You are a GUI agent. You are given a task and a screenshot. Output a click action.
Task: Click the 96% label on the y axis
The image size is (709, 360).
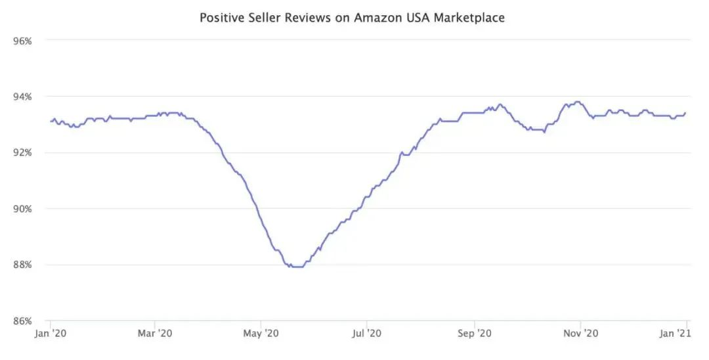(23, 41)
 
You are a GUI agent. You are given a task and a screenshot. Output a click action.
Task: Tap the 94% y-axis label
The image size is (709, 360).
(23, 97)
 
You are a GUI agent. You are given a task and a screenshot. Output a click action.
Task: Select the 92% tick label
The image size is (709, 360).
(23, 152)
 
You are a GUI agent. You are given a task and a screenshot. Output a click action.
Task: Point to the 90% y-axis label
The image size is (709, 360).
(23, 209)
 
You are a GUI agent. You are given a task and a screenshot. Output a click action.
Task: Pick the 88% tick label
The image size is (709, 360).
(23, 265)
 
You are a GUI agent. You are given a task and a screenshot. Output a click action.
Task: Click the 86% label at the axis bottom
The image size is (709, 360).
(23, 321)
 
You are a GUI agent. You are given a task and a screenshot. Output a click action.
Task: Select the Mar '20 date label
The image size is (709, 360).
(155, 334)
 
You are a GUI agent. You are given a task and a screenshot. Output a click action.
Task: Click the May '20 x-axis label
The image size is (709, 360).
(261, 334)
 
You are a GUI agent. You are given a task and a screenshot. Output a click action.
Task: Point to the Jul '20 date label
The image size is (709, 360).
(366, 334)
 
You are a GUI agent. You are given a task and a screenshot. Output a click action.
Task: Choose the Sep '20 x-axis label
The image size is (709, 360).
(475, 334)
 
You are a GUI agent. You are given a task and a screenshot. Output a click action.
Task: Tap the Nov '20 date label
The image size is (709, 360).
(581, 334)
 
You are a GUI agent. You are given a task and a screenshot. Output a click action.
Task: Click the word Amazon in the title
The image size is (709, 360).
(376, 18)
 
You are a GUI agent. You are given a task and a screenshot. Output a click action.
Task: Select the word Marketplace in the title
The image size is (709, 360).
(467, 18)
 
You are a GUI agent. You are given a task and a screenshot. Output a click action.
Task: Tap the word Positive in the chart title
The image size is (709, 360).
(221, 18)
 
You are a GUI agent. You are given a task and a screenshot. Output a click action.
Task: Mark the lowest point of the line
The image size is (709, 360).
(296, 267)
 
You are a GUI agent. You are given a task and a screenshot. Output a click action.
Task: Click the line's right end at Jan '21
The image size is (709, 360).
(685, 113)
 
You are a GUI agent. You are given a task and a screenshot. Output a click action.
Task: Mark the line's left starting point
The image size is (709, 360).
(51, 121)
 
